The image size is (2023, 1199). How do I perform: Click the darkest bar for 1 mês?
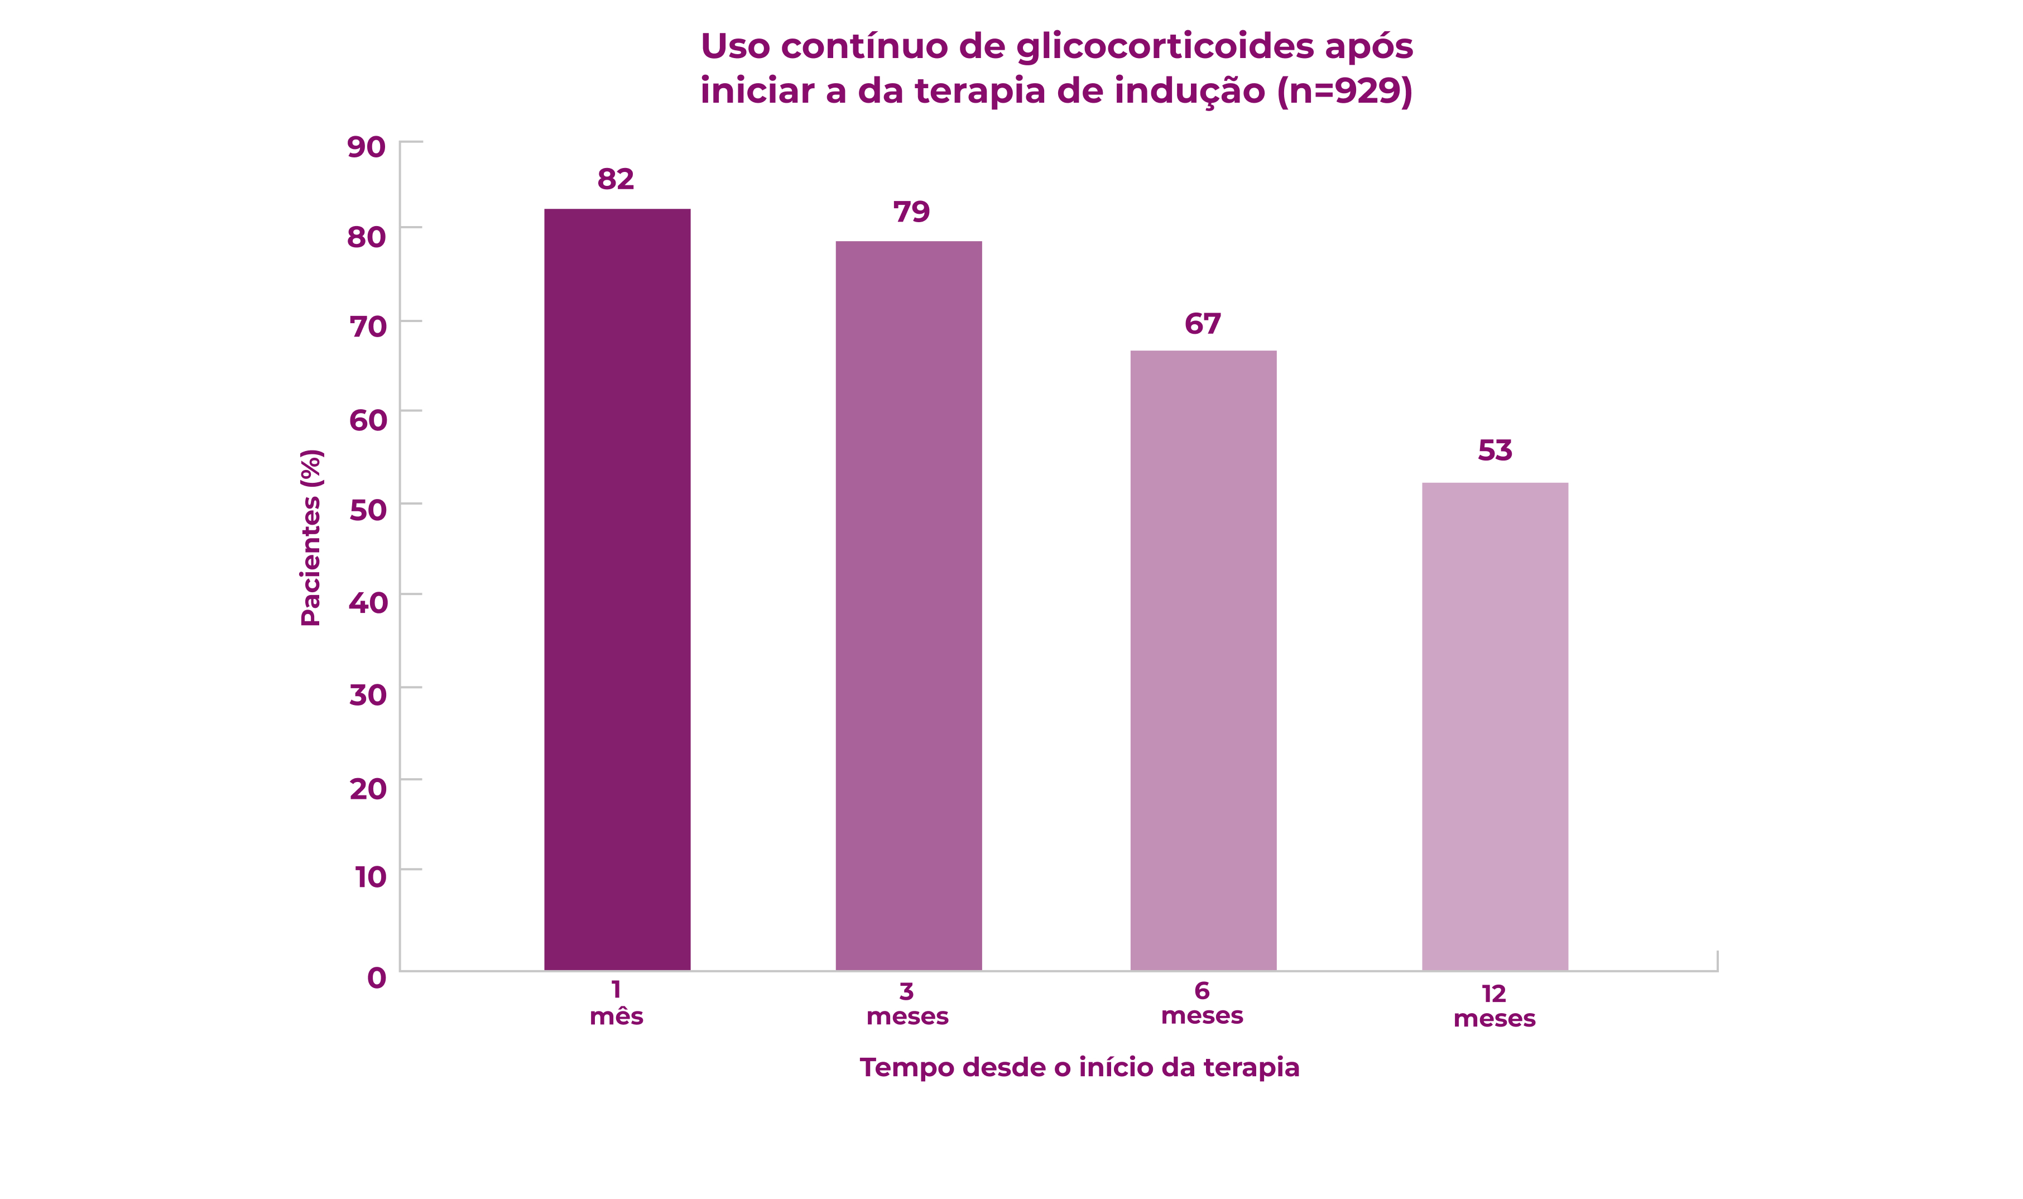617,590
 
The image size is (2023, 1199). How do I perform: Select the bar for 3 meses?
909,606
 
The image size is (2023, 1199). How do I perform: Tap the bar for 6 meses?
1203,661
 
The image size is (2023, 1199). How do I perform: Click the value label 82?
616,179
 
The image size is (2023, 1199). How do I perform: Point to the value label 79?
911,212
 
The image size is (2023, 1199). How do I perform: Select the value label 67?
1203,324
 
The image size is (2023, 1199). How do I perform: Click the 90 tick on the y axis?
366,147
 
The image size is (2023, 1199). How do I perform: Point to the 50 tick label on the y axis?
367,510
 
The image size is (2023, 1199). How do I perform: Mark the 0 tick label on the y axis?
376,977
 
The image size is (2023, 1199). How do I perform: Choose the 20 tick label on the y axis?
367,789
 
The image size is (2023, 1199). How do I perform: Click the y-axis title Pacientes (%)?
311,538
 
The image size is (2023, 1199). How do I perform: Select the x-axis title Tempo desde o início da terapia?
1079,1067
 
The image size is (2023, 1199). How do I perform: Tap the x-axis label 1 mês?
616,1003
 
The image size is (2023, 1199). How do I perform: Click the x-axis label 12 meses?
1494,1006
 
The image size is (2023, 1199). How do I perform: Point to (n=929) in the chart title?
1344,90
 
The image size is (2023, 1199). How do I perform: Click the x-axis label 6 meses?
1202,1003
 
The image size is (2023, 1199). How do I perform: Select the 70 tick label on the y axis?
367,327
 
